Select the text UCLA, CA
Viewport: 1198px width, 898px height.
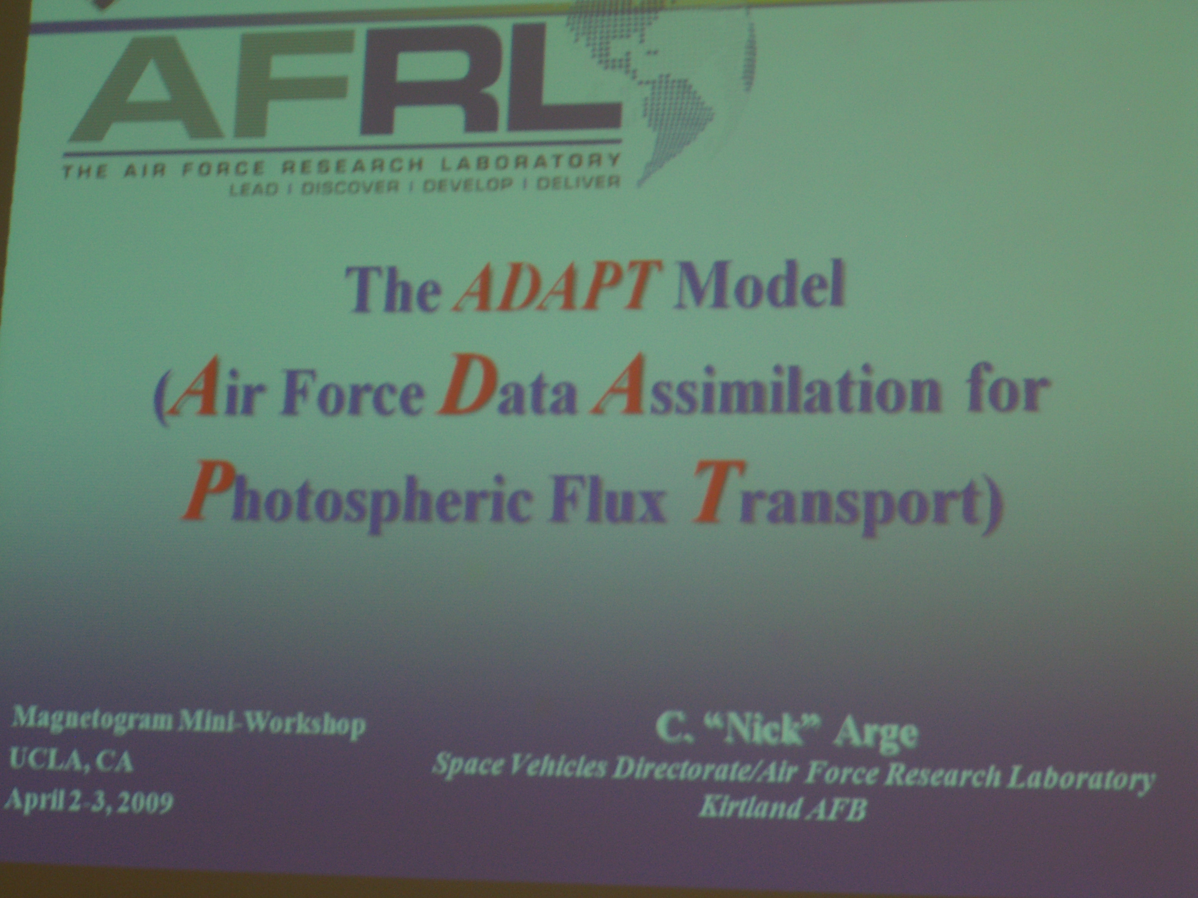point(71,762)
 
